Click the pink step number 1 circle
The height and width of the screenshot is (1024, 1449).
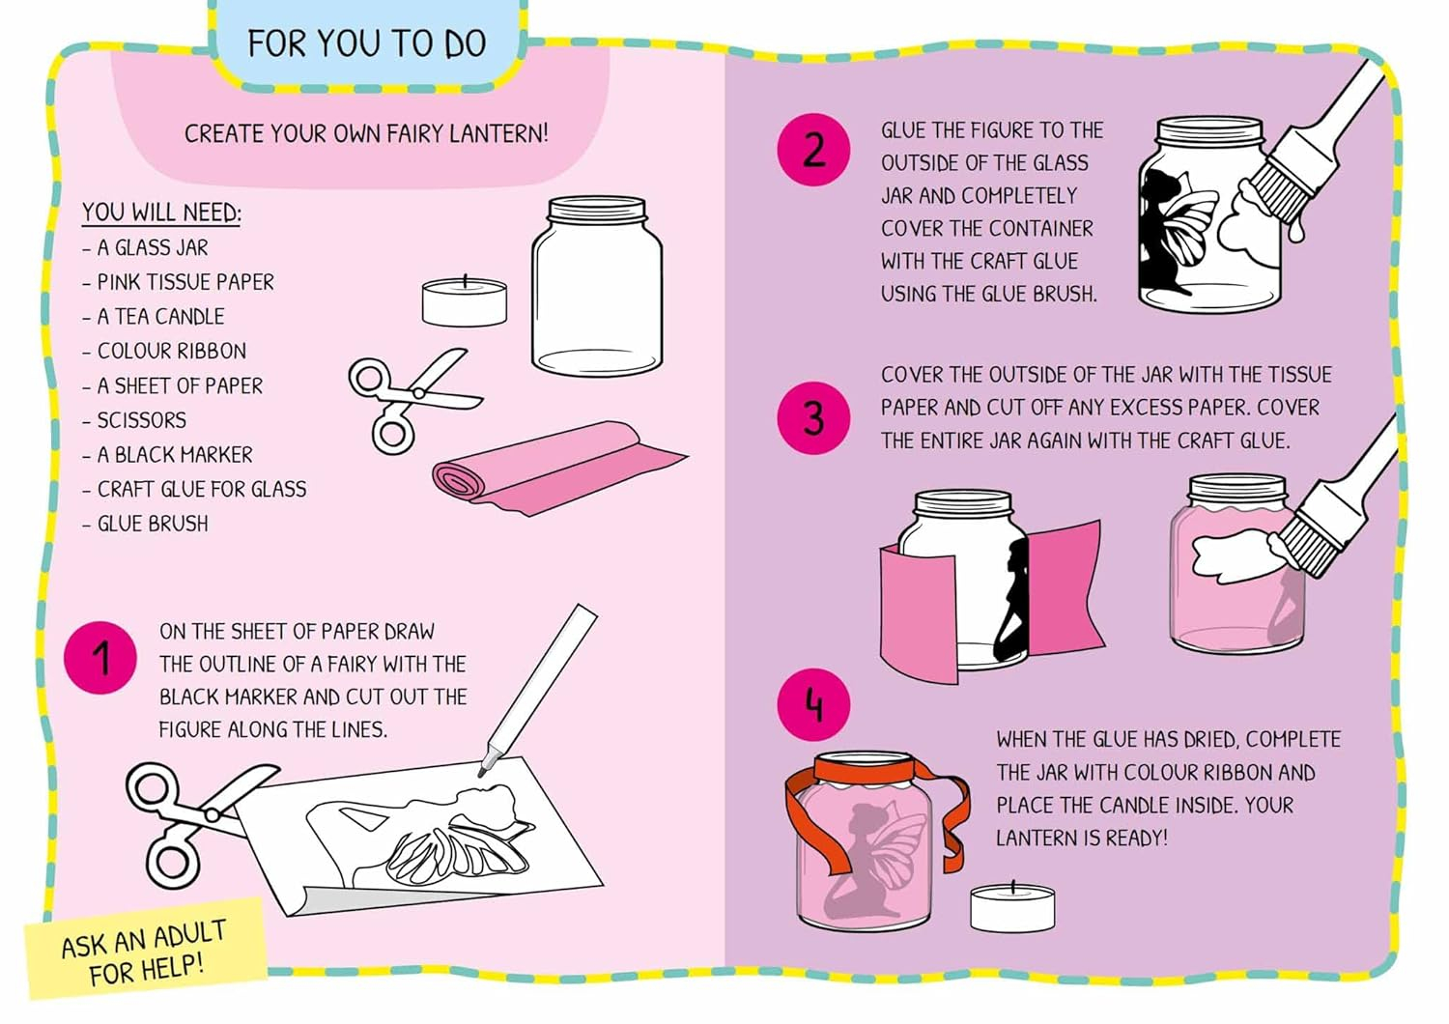[99, 658]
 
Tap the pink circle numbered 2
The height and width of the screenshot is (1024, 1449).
[813, 149]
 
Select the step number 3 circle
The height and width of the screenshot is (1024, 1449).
[813, 418]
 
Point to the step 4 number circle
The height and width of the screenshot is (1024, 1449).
[813, 704]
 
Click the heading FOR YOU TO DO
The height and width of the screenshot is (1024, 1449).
[366, 44]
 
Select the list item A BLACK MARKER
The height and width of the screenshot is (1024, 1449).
[175, 454]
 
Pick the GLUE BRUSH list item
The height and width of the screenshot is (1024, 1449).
[153, 524]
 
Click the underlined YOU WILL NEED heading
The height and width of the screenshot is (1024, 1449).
[161, 213]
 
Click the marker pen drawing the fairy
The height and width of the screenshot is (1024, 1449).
[541, 686]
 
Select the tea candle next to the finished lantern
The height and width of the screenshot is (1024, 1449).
[1012, 906]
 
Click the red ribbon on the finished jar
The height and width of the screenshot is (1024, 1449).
[874, 770]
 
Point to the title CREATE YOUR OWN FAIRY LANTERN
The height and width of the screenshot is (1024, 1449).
[366, 133]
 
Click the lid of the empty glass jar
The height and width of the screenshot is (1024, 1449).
[596, 209]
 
